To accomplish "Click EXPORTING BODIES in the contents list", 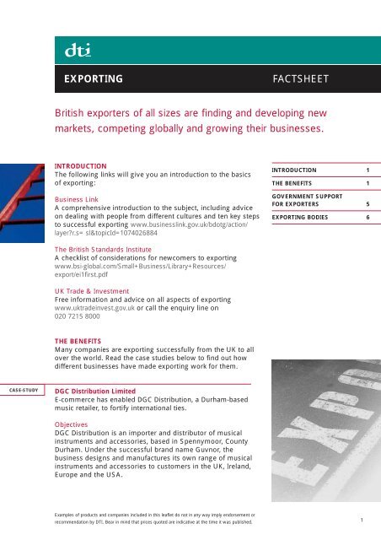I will tap(307, 217).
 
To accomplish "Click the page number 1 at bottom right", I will tap(362, 521).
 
